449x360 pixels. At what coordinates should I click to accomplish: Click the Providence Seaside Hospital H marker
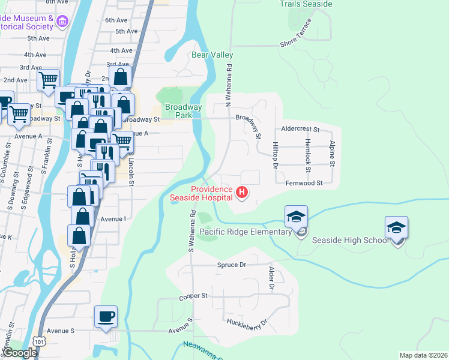coord(242,192)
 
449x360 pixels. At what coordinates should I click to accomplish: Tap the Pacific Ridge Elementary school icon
coord(296,217)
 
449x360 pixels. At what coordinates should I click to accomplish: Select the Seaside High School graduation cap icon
coord(396,228)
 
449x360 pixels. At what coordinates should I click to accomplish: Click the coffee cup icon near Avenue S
coord(106,317)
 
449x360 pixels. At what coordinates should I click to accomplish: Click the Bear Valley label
coord(212,55)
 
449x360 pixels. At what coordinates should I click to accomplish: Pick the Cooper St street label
coord(193,296)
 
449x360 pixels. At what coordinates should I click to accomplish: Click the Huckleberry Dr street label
coord(247,323)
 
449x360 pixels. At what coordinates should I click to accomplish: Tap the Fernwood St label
coord(304,183)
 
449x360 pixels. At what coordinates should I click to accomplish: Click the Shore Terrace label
coord(297,35)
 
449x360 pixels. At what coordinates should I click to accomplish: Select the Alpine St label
coord(331,153)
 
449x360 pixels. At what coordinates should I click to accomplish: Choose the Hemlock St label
coord(307,154)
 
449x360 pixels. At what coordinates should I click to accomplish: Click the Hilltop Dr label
coord(276,155)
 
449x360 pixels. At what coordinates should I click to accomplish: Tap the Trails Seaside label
coord(306,4)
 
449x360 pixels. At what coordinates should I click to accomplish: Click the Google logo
coord(19,353)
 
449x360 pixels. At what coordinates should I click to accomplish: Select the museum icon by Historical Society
coord(62,23)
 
